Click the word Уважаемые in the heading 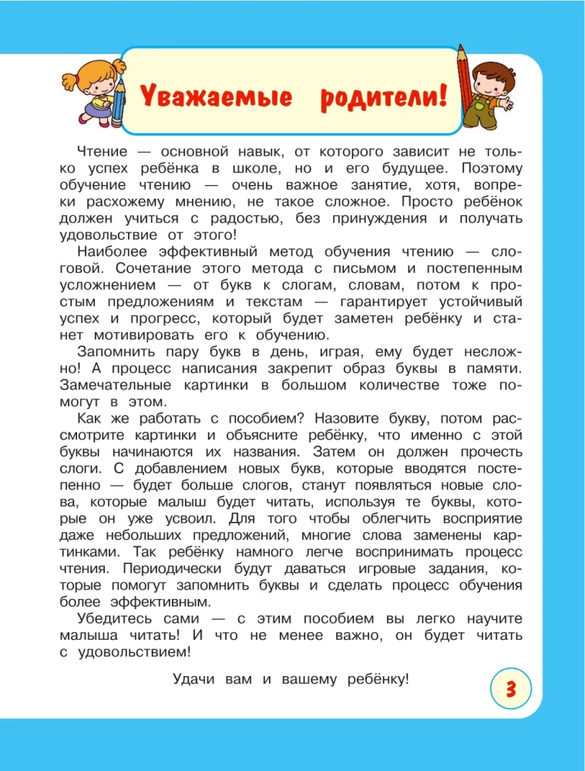[x=204, y=98]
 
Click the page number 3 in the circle [x=509, y=689]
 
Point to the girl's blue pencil [x=117, y=93]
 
